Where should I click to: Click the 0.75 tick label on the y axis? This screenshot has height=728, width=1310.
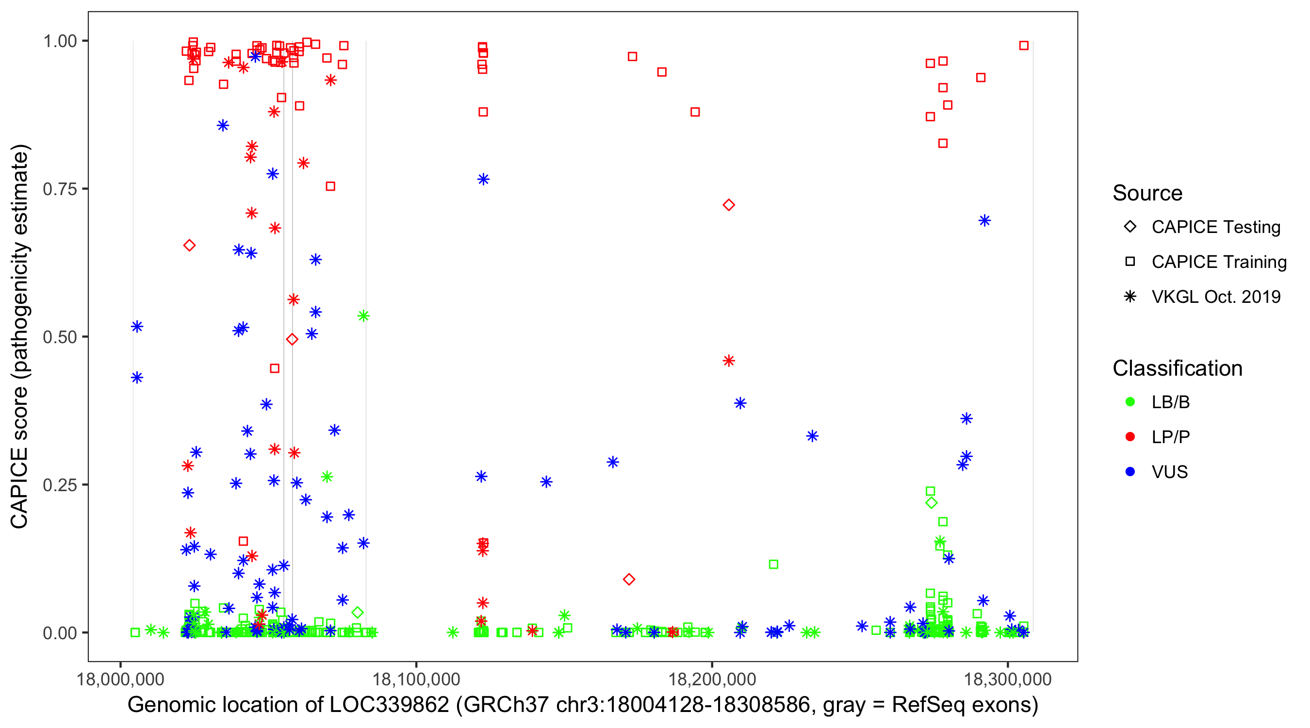tap(60, 189)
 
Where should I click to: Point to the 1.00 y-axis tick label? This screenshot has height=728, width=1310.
tap(60, 41)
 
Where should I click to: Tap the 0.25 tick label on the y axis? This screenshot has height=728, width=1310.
tap(60, 485)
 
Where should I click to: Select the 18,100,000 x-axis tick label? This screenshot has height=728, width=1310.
tap(416, 679)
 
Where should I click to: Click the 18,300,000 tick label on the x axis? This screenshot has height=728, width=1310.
tap(1007, 679)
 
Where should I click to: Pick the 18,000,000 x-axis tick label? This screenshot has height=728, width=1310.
tap(120, 679)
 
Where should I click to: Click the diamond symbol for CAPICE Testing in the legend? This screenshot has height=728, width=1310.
tap(1130, 226)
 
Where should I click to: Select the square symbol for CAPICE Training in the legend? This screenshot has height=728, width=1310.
tap(1130, 262)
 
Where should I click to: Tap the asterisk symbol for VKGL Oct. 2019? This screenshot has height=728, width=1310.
tap(1130, 297)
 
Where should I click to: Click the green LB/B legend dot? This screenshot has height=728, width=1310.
tap(1130, 402)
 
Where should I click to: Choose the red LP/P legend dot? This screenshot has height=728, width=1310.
tap(1130, 437)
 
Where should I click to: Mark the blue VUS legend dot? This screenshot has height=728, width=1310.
tap(1130, 472)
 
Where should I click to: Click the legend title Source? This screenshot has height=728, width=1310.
tap(1147, 193)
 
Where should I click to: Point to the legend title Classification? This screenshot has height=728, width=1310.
tap(1177, 368)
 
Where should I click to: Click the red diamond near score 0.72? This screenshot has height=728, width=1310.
tap(729, 205)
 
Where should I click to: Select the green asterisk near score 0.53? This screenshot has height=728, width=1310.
tap(363, 316)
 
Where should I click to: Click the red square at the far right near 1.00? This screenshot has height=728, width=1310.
tap(1024, 46)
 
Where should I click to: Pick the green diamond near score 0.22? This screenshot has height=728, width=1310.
tap(931, 503)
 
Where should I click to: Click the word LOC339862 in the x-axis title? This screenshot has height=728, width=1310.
tap(389, 705)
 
